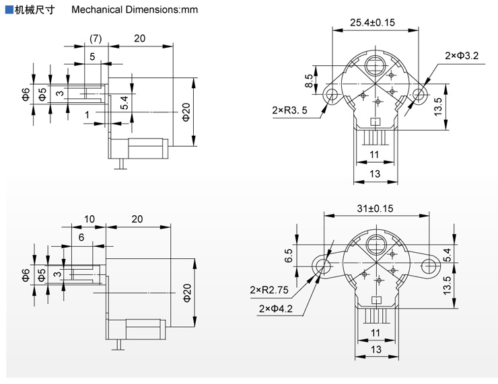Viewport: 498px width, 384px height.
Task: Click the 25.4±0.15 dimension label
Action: coord(372,22)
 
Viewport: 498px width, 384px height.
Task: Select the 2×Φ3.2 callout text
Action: coord(462,55)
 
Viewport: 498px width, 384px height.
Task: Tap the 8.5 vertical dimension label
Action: coord(308,81)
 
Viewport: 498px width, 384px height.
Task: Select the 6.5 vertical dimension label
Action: coord(307,256)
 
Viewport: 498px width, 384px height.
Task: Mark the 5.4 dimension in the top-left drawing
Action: coord(124,102)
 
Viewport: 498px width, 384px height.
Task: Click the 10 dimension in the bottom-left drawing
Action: coord(90,219)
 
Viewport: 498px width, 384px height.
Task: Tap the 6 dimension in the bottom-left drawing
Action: coord(81,237)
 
